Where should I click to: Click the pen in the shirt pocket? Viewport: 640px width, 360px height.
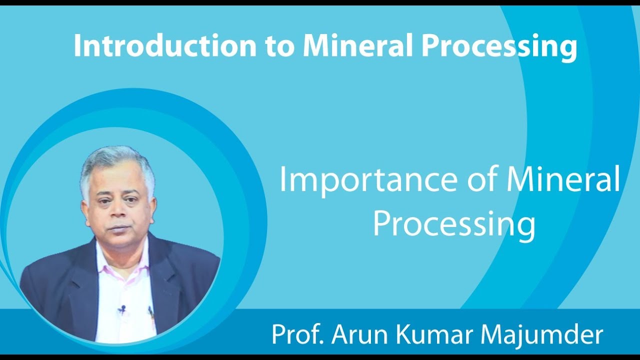click(x=150, y=313)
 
